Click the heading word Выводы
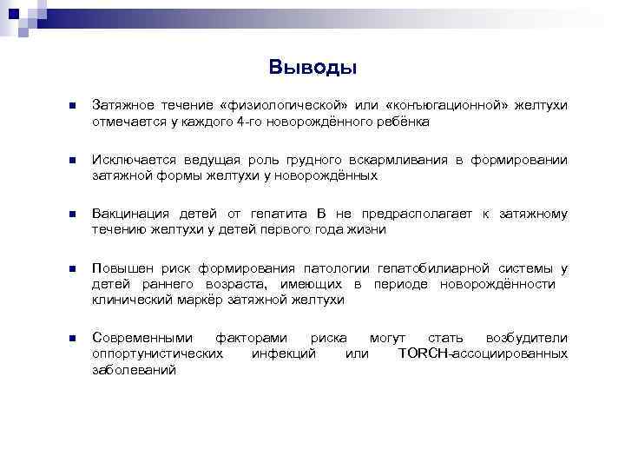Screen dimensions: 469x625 312,67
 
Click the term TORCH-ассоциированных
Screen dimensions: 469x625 483,353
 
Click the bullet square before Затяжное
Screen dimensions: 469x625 72,106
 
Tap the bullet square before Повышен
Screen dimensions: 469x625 72,268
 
